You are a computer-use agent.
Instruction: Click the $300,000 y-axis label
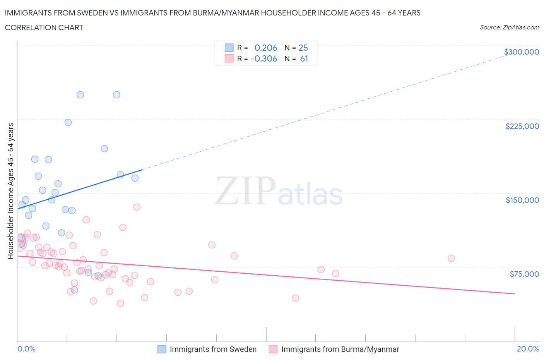tap(521, 52)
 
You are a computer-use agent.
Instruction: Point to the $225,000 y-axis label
tap(522, 126)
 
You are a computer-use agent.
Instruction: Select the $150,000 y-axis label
tap(522, 200)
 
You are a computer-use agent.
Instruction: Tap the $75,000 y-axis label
tap(524, 274)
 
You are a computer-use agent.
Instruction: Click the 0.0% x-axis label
tap(26, 349)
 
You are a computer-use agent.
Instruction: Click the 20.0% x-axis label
tap(528, 349)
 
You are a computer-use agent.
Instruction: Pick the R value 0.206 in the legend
tap(265, 48)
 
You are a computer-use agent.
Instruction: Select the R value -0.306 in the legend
tap(264, 58)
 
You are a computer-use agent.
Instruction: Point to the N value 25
tap(303, 48)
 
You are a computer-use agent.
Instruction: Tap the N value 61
tap(304, 58)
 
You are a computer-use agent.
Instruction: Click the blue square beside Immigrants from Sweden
tap(162, 349)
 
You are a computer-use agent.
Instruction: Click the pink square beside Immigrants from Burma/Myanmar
tap(273, 349)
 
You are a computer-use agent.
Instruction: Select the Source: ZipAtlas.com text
tap(509, 27)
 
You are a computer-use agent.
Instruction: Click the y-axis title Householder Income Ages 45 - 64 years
tap(10, 191)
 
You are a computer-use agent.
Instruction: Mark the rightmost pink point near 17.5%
tap(451, 258)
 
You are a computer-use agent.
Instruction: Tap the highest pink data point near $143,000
tap(137, 207)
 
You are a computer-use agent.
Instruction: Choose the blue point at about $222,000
tap(68, 122)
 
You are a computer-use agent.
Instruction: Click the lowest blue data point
tap(74, 290)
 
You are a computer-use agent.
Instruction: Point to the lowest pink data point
tap(120, 303)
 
